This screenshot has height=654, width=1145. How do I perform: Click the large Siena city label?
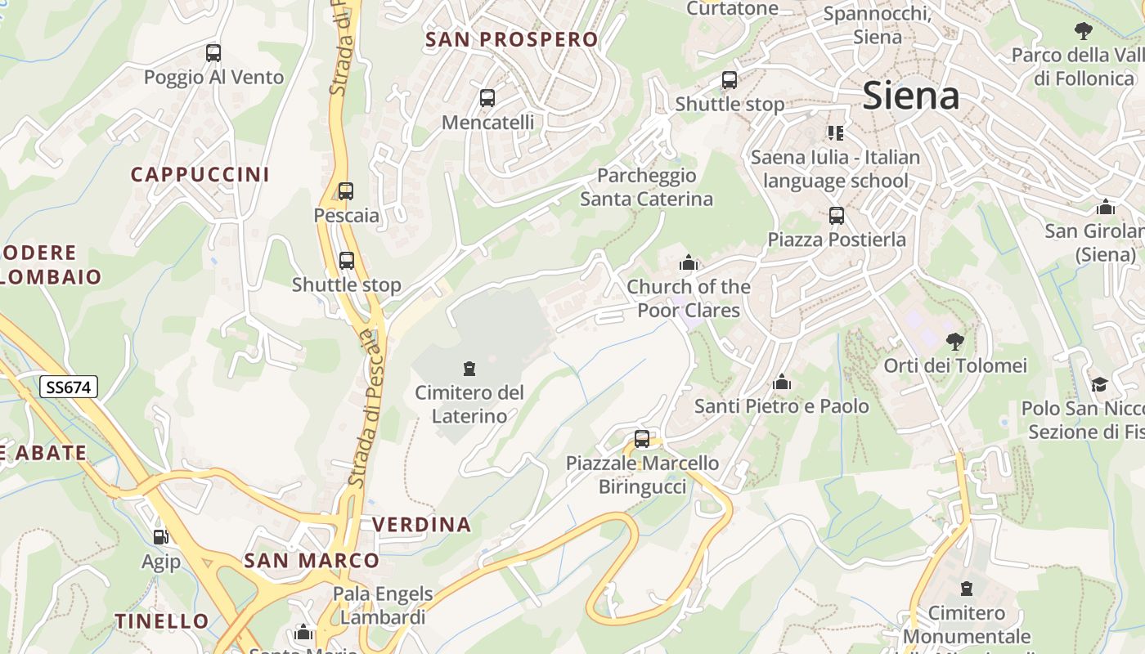click(910, 96)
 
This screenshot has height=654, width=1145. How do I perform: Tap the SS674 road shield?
click(69, 387)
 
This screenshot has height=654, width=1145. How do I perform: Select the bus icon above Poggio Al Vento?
click(213, 53)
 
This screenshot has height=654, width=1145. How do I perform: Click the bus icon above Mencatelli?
click(487, 98)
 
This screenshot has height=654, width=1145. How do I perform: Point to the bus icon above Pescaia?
click(346, 191)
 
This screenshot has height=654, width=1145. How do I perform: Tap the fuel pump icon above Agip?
click(161, 537)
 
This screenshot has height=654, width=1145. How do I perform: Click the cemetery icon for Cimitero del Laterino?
click(469, 369)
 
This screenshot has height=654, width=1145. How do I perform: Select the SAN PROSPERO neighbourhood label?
click(512, 39)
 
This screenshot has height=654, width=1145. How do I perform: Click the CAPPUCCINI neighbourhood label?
click(200, 174)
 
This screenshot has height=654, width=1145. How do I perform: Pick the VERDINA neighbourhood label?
click(421, 524)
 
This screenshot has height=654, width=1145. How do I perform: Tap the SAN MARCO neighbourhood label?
click(312, 560)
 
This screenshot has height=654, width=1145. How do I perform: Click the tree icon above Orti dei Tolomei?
click(954, 341)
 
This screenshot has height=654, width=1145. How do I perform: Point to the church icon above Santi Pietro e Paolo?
click(782, 382)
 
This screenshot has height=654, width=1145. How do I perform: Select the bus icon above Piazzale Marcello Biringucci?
click(642, 439)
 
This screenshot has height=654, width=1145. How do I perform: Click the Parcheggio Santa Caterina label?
click(646, 187)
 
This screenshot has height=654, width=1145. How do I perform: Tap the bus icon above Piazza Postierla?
click(836, 216)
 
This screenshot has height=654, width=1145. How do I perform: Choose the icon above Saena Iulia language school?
click(835, 132)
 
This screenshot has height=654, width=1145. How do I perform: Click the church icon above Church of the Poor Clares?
click(689, 262)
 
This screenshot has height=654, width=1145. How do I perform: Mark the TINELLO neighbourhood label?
click(162, 620)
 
